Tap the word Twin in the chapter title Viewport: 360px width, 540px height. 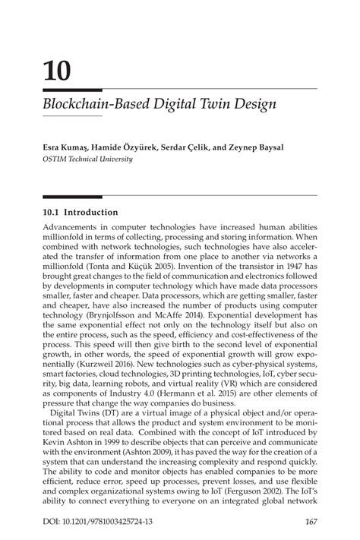[213, 103]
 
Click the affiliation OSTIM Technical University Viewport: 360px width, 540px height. [88, 159]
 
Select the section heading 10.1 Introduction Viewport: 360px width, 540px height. [81, 213]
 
